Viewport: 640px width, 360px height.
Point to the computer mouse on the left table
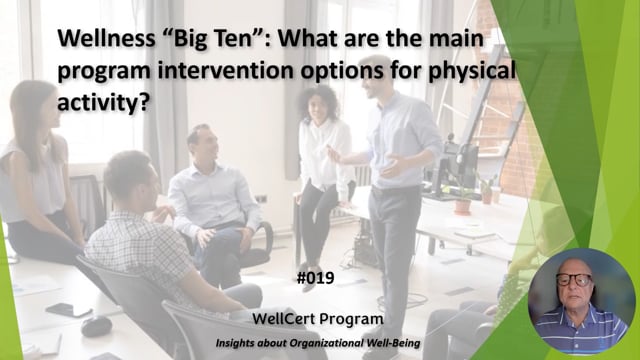click(x=96, y=326)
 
